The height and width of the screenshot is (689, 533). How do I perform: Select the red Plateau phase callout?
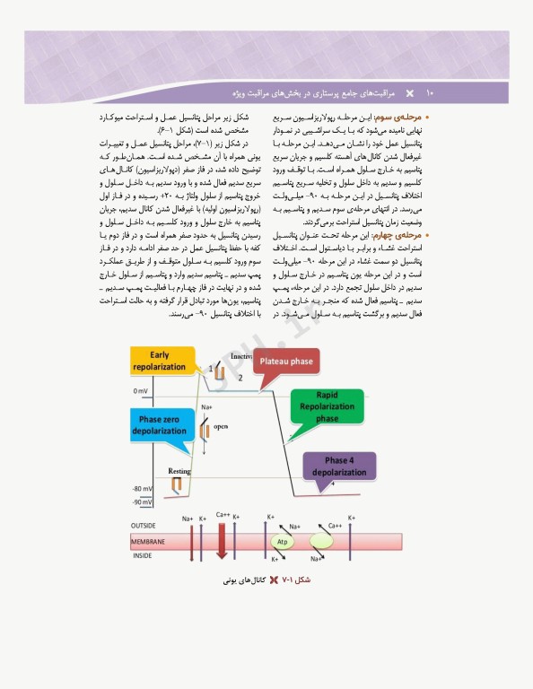coord(286,362)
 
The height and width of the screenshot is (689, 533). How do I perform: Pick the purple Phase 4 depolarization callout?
coord(339,466)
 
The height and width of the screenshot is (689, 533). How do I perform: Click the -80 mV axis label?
coord(142,489)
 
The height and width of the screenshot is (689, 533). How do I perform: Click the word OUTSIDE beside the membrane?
coord(144,525)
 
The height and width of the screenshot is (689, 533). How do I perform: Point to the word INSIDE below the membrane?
coord(143,556)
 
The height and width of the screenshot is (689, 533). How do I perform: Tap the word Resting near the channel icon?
coord(179,470)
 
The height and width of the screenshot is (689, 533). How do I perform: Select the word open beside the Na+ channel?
coord(221,426)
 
